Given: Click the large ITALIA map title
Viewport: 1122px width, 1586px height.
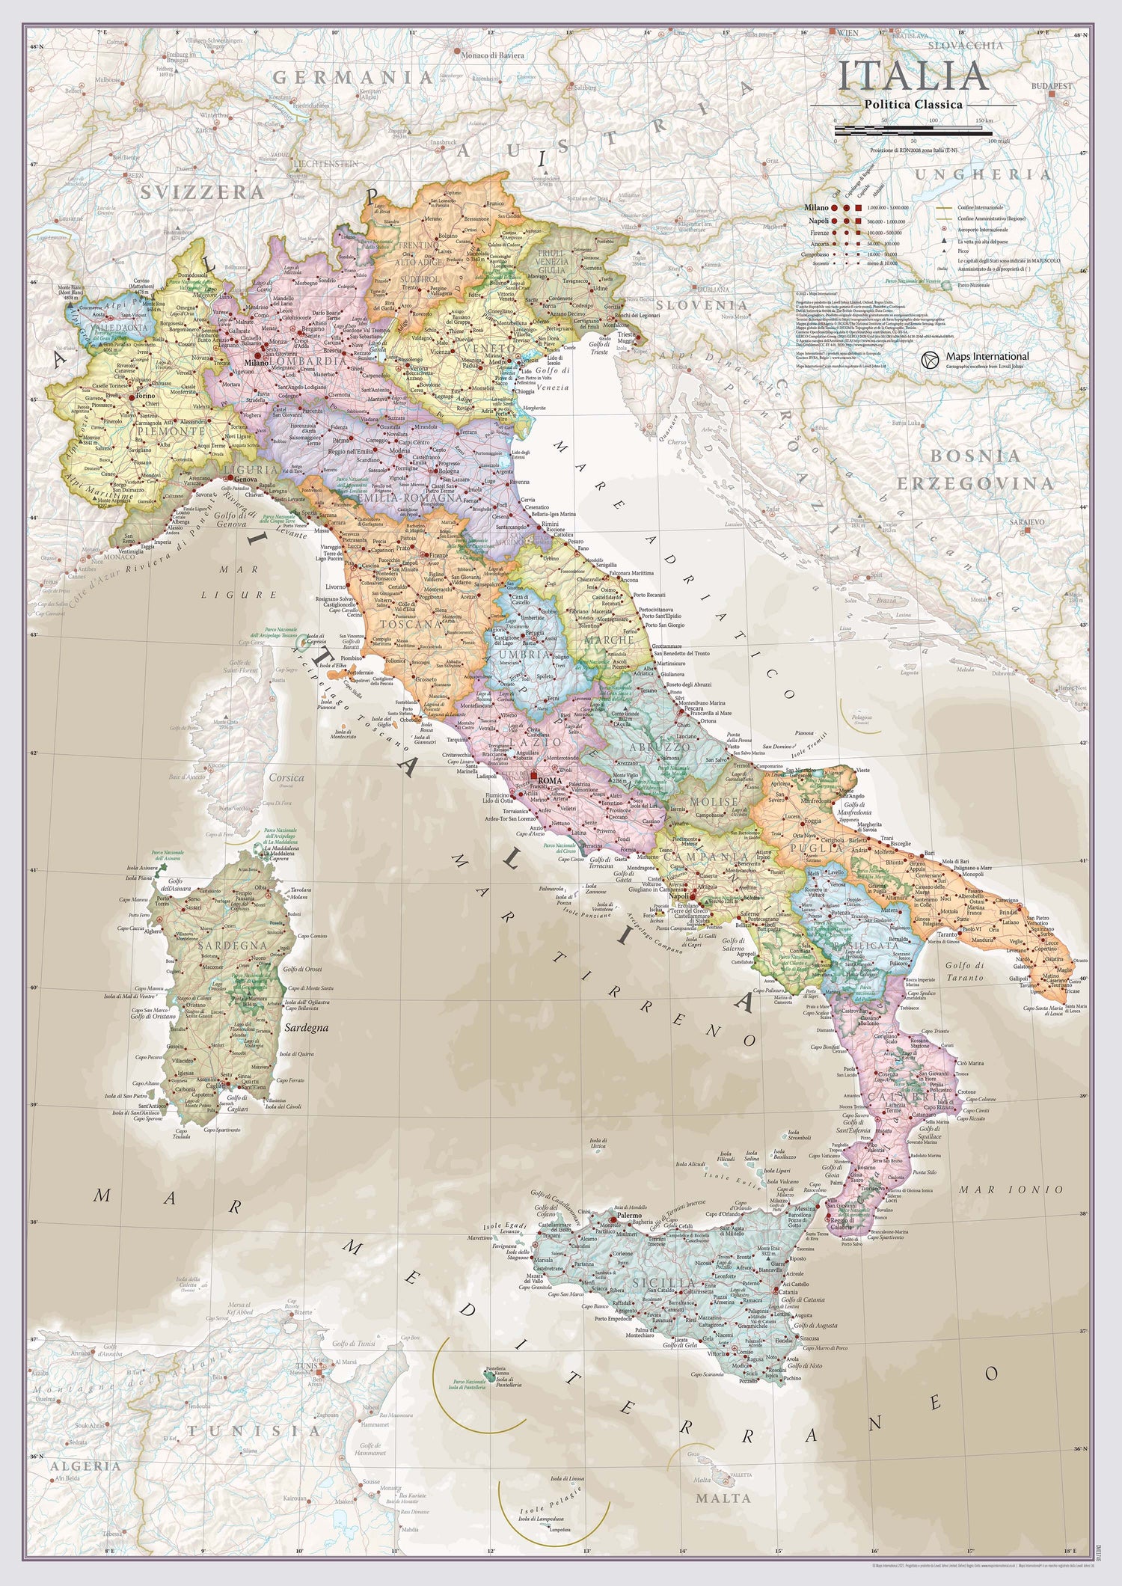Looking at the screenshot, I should [913, 76].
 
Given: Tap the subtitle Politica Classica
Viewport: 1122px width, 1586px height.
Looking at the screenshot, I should [913, 105].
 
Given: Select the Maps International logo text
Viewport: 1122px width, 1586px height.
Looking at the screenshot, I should [987, 357].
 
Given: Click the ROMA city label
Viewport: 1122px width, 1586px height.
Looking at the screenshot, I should [550, 781].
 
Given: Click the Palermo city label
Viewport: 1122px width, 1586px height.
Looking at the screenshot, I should [629, 1216].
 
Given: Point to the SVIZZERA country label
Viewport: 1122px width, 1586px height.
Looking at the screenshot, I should [202, 192].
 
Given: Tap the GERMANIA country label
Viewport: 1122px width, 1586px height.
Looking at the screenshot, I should [352, 77].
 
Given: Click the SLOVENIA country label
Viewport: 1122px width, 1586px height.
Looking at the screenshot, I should [701, 305].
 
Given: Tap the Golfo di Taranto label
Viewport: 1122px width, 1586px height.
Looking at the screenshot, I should [964, 971].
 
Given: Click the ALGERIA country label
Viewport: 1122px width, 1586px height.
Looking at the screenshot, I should [85, 1466].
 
